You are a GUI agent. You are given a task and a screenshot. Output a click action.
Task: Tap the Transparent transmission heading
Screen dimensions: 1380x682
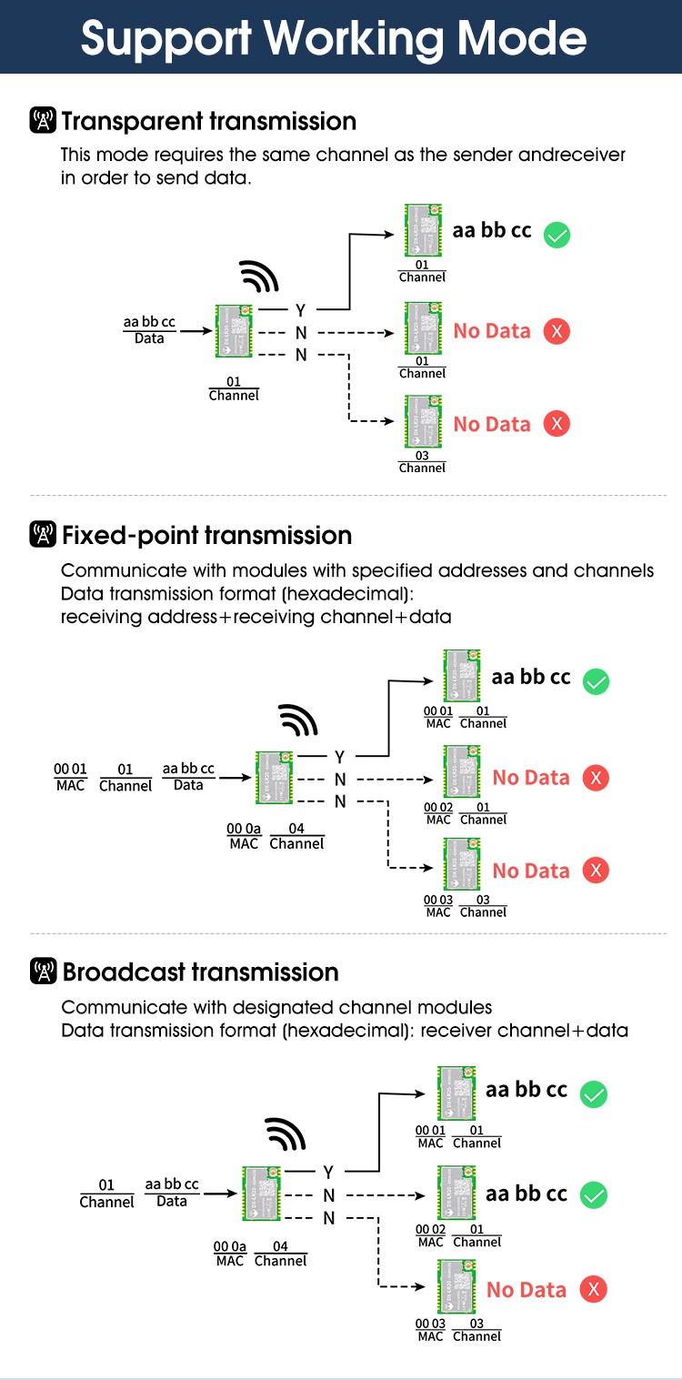pyautogui.click(x=208, y=121)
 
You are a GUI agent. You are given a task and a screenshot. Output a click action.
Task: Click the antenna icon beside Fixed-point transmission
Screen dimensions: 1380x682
pyautogui.click(x=43, y=535)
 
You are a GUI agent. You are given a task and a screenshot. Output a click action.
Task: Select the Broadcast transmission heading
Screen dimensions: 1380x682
pyautogui.click(x=200, y=972)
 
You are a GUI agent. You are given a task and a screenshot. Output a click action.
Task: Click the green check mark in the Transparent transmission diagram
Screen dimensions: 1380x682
pyautogui.click(x=557, y=236)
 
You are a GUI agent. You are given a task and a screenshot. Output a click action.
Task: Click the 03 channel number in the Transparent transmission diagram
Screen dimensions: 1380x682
pyautogui.click(x=422, y=455)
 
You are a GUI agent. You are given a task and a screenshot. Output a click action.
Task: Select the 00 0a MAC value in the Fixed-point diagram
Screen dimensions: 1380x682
pyautogui.click(x=244, y=829)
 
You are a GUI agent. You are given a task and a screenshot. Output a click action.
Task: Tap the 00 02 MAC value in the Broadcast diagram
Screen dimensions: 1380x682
pyautogui.click(x=430, y=1229)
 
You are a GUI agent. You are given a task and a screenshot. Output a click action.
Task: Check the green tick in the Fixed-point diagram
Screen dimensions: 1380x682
pyautogui.click(x=596, y=681)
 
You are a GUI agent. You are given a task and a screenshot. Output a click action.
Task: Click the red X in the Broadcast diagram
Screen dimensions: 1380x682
pyautogui.click(x=594, y=1288)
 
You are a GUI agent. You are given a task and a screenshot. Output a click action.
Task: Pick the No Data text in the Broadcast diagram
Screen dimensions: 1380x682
pyautogui.click(x=526, y=1289)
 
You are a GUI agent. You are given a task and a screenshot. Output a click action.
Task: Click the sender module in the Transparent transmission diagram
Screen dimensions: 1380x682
pyautogui.click(x=233, y=331)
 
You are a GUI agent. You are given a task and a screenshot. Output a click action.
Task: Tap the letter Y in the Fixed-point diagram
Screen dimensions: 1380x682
pyautogui.click(x=339, y=757)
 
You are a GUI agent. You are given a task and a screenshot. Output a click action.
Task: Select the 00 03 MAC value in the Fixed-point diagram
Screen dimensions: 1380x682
pyautogui.click(x=438, y=900)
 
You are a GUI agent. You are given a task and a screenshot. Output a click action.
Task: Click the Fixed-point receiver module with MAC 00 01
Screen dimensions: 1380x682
pyautogui.click(x=461, y=675)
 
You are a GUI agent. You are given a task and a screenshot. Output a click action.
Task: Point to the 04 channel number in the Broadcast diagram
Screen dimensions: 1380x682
pyautogui.click(x=280, y=1246)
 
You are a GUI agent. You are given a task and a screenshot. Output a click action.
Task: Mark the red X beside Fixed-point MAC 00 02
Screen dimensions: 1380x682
pyautogui.click(x=596, y=778)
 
